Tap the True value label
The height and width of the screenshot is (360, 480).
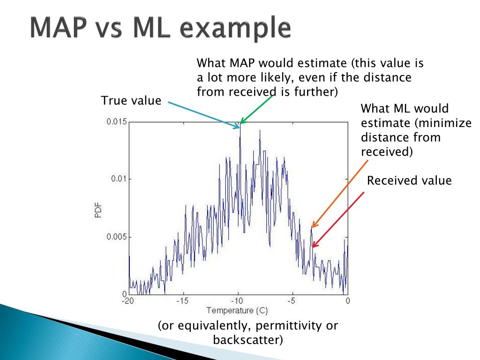click(x=131, y=100)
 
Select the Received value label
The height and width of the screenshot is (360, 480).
click(x=409, y=180)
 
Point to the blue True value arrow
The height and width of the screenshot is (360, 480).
click(x=204, y=115)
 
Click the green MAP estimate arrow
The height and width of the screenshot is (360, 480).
click(x=256, y=110)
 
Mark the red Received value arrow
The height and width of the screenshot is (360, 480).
click(x=338, y=220)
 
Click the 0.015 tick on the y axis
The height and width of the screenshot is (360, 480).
click(x=116, y=121)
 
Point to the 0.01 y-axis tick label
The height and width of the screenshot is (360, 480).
click(x=119, y=179)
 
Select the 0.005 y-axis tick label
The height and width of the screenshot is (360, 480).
click(x=116, y=237)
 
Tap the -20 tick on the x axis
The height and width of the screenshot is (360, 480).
click(x=128, y=301)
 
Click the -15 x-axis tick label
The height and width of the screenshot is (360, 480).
click(x=182, y=301)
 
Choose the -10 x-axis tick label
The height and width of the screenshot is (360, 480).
click(x=237, y=301)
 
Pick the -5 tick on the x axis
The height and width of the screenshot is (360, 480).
click(x=292, y=301)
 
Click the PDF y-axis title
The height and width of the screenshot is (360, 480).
click(x=98, y=210)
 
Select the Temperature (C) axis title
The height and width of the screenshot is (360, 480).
click(x=237, y=311)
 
